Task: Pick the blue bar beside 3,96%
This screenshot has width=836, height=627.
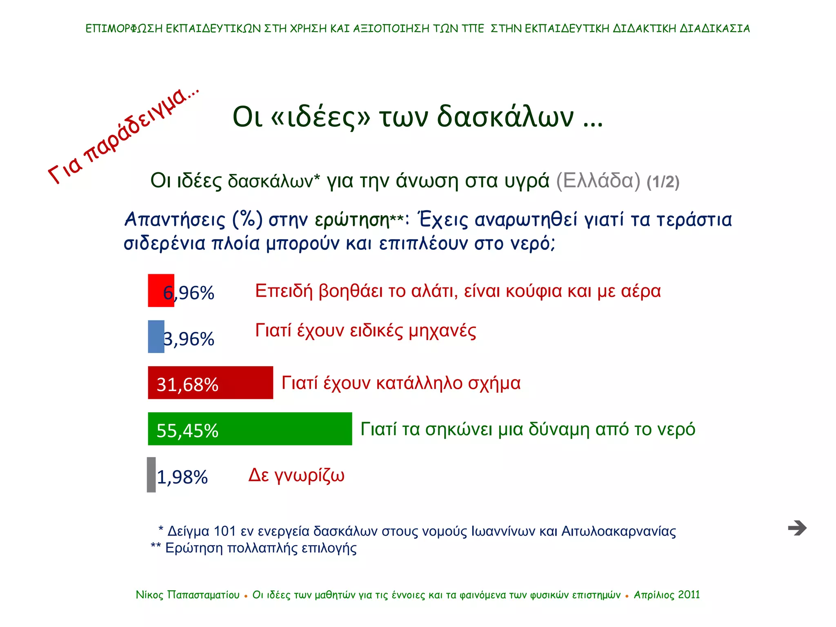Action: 156,336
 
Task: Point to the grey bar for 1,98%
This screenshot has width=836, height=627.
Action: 151,475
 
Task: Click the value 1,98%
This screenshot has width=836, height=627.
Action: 182,477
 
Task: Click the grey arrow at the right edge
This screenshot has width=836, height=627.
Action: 797,528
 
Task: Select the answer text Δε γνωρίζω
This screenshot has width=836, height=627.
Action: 297,475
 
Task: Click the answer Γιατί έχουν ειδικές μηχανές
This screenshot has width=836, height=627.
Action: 365,331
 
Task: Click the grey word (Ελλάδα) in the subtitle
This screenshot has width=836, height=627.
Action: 598,180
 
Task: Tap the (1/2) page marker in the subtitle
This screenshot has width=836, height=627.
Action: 663,182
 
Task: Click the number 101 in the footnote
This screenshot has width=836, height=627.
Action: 225,531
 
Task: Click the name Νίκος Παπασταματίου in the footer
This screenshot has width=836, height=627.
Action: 187,595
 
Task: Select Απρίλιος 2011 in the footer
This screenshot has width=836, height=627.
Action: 667,595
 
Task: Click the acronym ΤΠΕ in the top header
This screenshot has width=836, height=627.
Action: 473,29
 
